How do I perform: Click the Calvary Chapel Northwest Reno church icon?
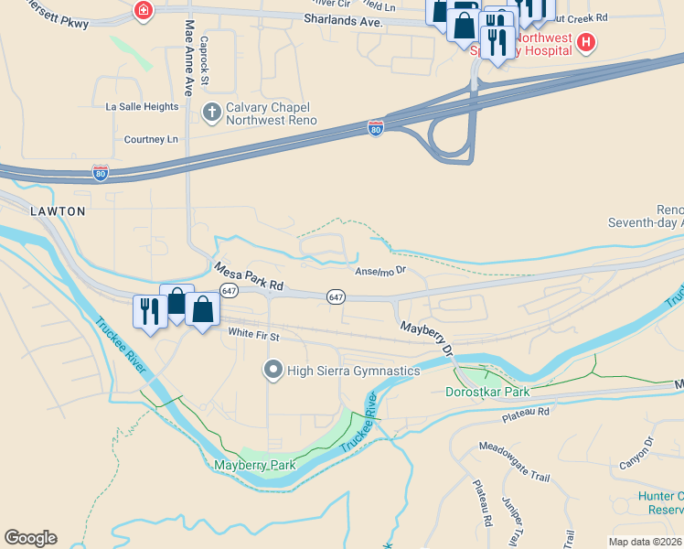tap(211, 113)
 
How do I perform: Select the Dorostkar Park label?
tap(487, 392)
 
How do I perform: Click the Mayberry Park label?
tap(254, 465)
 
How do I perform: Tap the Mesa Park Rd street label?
tap(248, 278)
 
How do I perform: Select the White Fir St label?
tap(252, 335)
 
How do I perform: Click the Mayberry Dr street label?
tap(426, 338)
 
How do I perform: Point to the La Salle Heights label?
tap(142, 106)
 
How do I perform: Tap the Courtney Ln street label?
tap(151, 139)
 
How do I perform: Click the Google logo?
tap(30, 538)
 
